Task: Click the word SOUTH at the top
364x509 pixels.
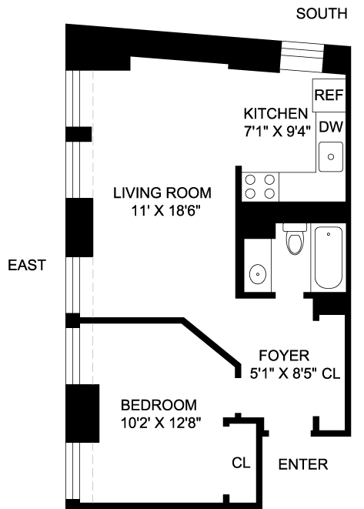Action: [322, 14]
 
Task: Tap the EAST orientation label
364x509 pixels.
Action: [27, 265]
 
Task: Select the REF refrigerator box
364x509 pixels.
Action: [329, 95]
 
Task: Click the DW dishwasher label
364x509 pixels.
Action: [331, 127]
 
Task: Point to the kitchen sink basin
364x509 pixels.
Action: [331, 157]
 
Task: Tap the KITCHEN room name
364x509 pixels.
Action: [276, 114]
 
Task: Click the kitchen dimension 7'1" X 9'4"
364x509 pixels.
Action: [277, 132]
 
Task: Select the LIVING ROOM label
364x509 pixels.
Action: [162, 193]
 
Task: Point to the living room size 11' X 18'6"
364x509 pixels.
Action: [165, 211]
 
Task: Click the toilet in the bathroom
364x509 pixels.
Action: [295, 239]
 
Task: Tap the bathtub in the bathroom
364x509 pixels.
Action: [329, 257]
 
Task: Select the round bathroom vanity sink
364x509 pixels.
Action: [258, 274]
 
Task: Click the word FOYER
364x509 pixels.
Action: [284, 356]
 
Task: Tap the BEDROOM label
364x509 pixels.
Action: [159, 405]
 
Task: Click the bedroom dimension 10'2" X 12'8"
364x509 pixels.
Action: [161, 423]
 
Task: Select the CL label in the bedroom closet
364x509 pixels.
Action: [241, 463]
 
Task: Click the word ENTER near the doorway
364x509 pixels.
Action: [303, 464]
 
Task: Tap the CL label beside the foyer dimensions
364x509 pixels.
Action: [331, 373]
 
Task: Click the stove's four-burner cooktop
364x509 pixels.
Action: [260, 186]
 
